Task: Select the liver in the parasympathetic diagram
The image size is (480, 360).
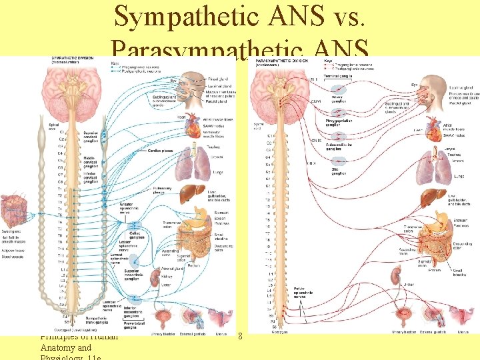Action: (428, 197)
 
